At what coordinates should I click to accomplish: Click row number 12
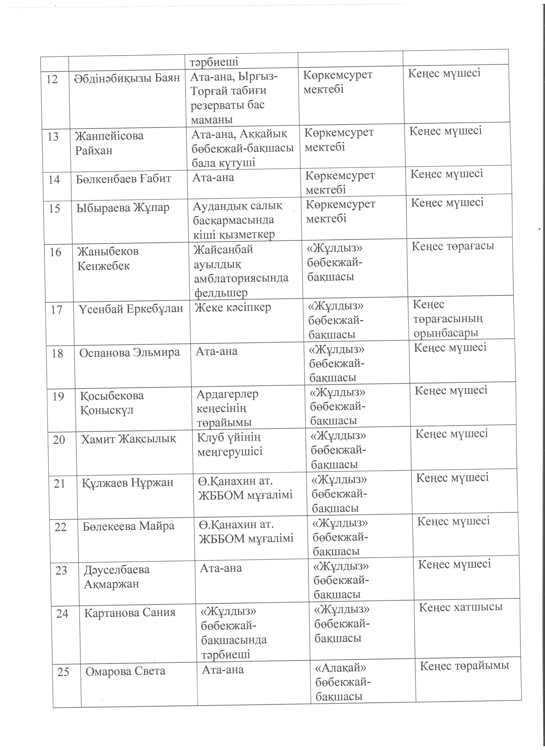[52, 79]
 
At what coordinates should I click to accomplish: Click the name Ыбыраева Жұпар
[123, 208]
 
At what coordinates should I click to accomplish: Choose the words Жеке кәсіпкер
[233, 307]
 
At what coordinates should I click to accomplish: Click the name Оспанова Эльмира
[129, 353]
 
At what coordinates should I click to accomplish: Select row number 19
[58, 396]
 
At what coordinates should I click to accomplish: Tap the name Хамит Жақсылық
[129, 439]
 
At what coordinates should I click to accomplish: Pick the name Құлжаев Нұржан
[128, 483]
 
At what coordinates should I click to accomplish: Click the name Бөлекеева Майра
[129, 526]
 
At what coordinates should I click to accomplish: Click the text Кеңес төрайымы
[464, 666]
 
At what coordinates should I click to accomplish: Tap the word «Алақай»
[340, 668]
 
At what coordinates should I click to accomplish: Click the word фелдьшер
[221, 293]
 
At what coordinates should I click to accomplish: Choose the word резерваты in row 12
[227, 105]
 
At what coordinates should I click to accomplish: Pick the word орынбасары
[446, 333]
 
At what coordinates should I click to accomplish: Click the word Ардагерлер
[227, 394]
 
